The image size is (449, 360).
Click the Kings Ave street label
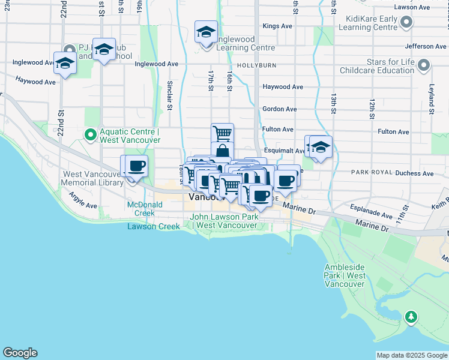coord(277,26)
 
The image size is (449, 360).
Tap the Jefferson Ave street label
coord(426,46)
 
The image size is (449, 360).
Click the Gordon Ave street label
coord(279,109)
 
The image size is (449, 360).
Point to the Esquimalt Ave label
coord(284,151)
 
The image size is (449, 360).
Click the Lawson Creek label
coord(153,226)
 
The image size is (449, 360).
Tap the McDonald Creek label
coord(141,209)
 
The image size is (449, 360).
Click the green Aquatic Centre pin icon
coord(91,135)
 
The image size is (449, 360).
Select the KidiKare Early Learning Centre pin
coord(406,23)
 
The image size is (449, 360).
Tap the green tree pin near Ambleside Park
coord(411,316)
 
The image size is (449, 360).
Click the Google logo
coord(20,353)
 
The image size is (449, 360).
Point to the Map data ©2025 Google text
coord(412,355)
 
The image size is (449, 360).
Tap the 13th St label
coord(333,103)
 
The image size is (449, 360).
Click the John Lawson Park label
coord(224,221)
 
